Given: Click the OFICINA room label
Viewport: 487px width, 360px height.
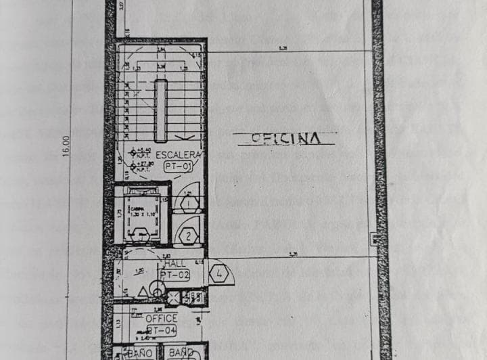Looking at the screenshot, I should pyautogui.click(x=285, y=138).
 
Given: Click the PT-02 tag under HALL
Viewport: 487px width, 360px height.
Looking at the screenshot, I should pyautogui.click(x=175, y=275).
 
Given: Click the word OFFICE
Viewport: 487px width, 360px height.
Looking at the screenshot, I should pyautogui.click(x=161, y=318).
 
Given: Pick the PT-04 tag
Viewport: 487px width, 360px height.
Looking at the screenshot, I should pyautogui.click(x=162, y=330).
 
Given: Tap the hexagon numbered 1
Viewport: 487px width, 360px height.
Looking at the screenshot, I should pyautogui.click(x=187, y=204).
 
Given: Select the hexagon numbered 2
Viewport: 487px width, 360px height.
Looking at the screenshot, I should pyautogui.click(x=187, y=236).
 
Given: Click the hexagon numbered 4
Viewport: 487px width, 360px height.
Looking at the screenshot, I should pyautogui.click(x=219, y=275).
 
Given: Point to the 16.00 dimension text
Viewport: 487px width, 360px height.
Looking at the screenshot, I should pyautogui.click(x=66, y=146).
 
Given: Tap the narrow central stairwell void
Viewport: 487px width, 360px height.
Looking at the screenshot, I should pyautogui.click(x=160, y=102).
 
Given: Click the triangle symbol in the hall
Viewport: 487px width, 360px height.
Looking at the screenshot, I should pyautogui.click(x=143, y=291).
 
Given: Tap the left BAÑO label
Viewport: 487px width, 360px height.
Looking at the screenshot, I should pyautogui.click(x=140, y=353).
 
